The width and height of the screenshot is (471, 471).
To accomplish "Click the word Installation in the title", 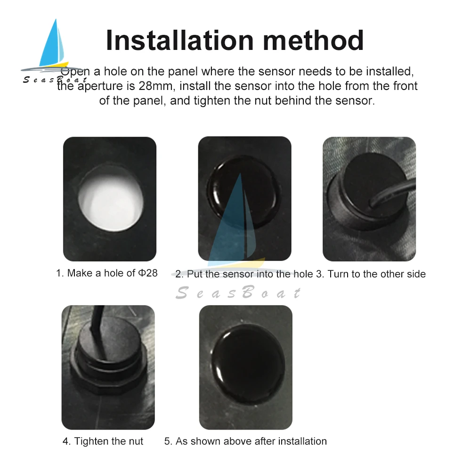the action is click(180, 40).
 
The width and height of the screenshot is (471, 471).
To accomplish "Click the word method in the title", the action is click(313, 40).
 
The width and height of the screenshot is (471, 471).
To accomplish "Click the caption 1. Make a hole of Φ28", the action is click(106, 273).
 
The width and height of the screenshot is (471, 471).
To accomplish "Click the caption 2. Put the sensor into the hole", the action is click(244, 274).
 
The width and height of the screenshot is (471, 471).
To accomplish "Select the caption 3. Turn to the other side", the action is click(371, 274).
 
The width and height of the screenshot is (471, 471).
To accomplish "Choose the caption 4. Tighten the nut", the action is click(103, 441).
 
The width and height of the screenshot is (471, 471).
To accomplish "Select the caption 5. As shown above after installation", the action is click(245, 441).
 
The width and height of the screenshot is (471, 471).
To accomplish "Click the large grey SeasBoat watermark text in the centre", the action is click(238, 293).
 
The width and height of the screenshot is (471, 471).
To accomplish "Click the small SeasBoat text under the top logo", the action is click(55, 80).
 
